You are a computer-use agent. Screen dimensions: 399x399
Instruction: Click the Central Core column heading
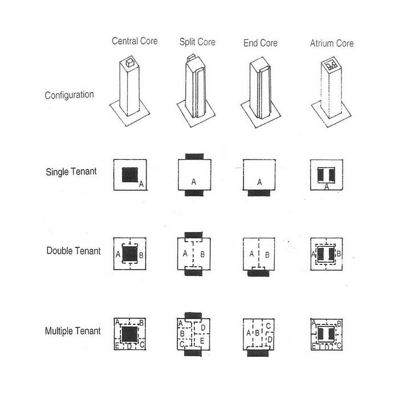135,41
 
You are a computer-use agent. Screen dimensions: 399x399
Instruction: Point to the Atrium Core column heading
332,43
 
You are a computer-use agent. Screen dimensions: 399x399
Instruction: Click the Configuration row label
69,95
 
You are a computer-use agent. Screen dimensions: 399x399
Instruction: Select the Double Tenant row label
74,251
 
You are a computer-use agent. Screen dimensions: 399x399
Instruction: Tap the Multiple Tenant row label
73,331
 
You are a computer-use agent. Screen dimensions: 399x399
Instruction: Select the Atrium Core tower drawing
332,91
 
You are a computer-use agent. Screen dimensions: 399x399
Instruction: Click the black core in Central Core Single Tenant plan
130,174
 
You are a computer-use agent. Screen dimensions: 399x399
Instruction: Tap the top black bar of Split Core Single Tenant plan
194,156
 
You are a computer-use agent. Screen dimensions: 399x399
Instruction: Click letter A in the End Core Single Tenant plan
260,182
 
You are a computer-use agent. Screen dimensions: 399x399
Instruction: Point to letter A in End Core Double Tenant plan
252,254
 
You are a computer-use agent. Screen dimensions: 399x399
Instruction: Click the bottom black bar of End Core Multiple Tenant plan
259,353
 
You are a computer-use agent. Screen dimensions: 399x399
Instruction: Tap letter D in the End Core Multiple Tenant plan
270,340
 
